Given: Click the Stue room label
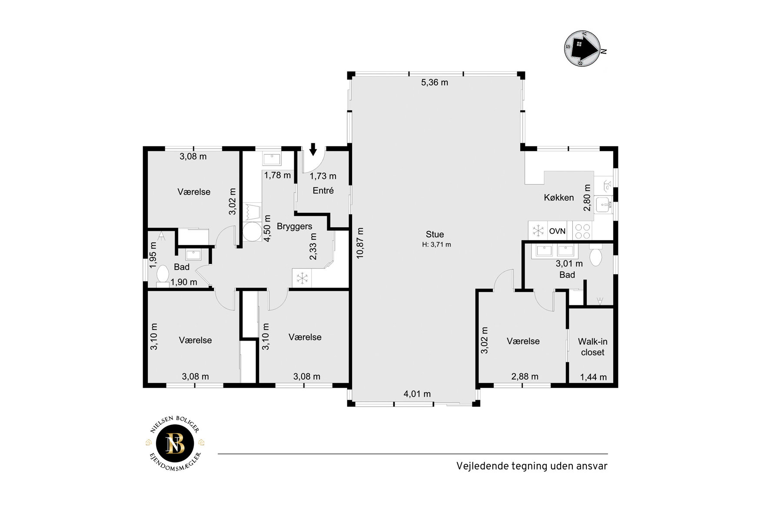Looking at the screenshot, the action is click(435, 235).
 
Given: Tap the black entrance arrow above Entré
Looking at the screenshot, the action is click(313, 149).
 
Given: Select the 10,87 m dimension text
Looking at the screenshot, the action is click(360, 243).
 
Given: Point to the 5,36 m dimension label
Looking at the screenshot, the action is click(435, 83).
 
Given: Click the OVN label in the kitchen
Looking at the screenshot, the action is click(557, 231).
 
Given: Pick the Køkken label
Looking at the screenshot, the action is click(559, 198).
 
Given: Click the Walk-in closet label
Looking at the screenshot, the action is click(592, 347).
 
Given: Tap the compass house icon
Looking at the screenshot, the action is click(582, 48).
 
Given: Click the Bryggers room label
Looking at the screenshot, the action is click(294, 226).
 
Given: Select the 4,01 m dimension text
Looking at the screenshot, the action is click(417, 394).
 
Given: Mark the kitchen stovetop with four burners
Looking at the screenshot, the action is click(582, 231).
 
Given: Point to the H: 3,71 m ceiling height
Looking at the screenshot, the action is click(436, 245).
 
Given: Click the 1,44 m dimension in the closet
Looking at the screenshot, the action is click(593, 377).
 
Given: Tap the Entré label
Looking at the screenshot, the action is click(323, 190).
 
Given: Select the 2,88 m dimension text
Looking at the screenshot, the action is click(525, 376).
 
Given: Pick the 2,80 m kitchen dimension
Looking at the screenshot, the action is click(587, 197).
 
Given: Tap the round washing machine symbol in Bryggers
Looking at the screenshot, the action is click(252, 232).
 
